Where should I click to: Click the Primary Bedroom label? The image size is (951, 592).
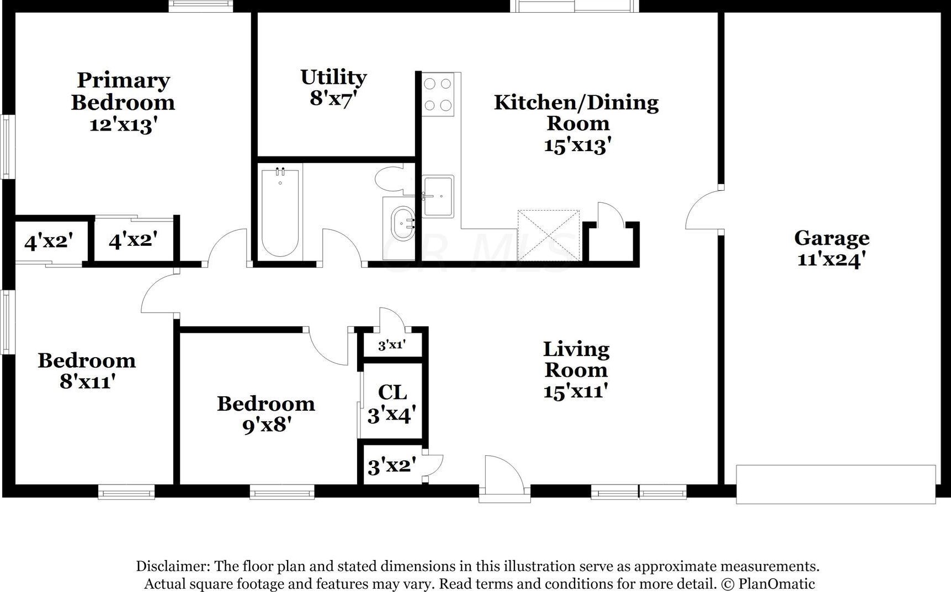(x=123, y=92)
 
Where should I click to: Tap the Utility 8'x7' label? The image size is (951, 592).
(x=333, y=88)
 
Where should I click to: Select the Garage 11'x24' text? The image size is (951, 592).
(x=832, y=248)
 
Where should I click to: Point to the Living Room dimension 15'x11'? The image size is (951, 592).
(x=576, y=391)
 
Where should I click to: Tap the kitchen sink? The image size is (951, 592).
(x=438, y=196)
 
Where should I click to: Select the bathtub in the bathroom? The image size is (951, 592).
(x=280, y=212)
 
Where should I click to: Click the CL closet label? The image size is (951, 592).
(x=392, y=392)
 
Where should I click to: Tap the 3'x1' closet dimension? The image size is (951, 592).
(x=392, y=346)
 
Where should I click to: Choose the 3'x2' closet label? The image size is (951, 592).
(x=392, y=466)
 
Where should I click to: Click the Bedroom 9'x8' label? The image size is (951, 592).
(x=266, y=414)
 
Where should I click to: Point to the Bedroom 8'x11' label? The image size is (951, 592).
(x=87, y=370)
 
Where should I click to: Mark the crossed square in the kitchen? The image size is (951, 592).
(x=549, y=235)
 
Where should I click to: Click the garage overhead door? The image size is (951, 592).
(x=836, y=484)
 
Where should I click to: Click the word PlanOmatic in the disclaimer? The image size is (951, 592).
(x=777, y=584)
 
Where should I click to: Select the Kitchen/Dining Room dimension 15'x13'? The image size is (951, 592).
(x=577, y=146)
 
